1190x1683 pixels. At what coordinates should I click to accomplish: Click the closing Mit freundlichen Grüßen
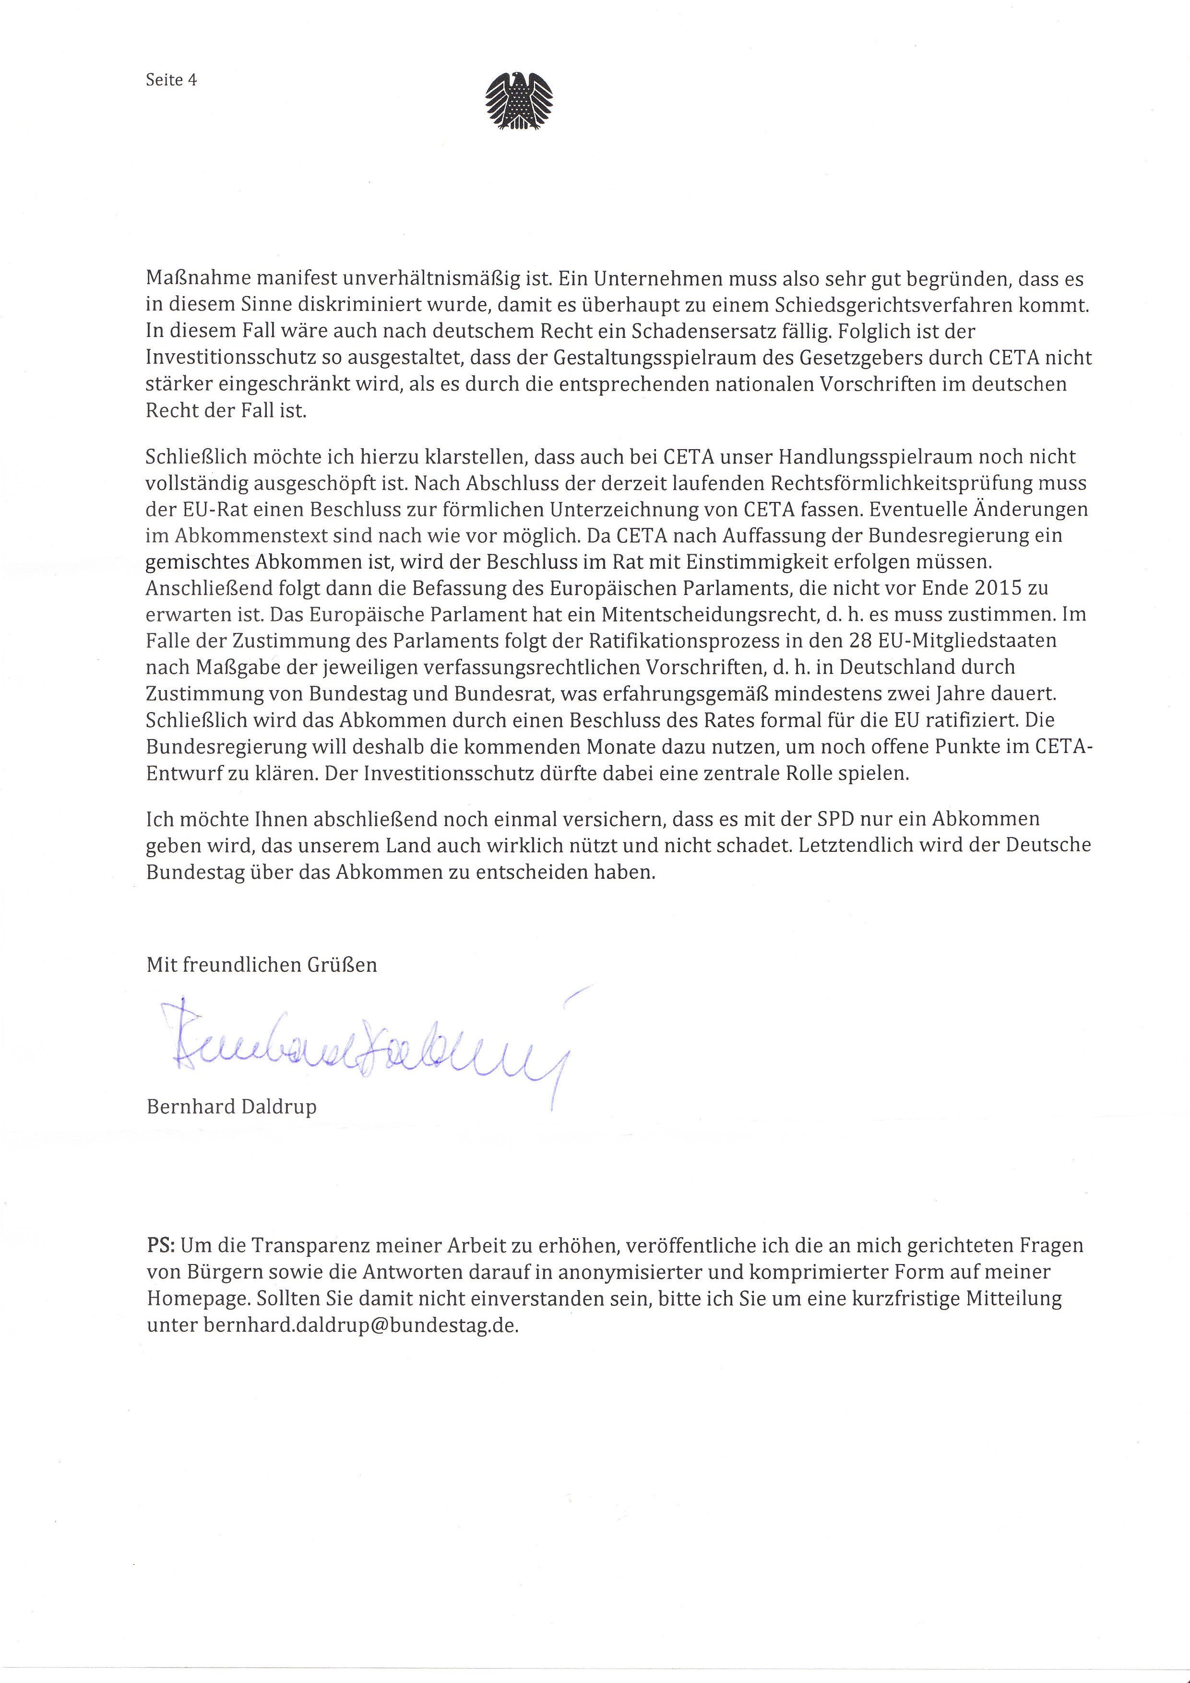pyautogui.click(x=262, y=965)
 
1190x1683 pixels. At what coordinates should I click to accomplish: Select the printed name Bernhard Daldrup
pyautogui.click(x=232, y=1106)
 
